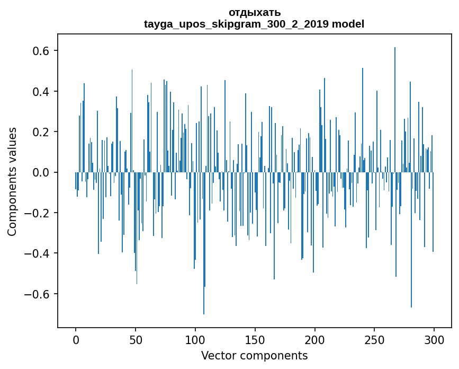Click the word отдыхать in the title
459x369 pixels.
pyautogui.click(x=254, y=12)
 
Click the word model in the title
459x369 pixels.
pyautogui.click(x=348, y=24)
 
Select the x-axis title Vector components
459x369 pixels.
pyautogui.click(x=254, y=355)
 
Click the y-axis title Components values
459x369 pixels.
pyautogui.click(x=12, y=181)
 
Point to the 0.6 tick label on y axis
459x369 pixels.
pyautogui.click(x=40, y=51)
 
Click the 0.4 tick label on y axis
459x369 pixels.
pyautogui.click(x=40, y=92)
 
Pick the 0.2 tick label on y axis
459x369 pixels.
pyautogui.click(x=40, y=132)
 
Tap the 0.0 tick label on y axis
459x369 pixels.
pyautogui.click(x=40, y=173)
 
